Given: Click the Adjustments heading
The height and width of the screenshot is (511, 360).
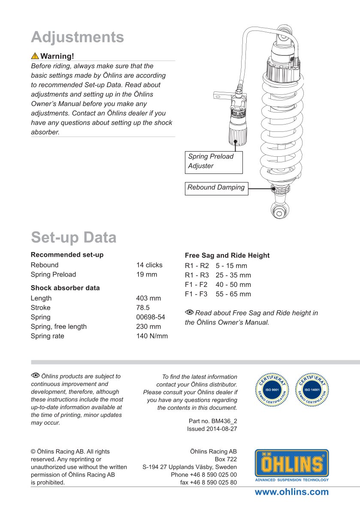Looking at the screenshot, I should coord(77,37).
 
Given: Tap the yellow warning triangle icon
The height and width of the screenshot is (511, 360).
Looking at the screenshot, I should coord(35,56).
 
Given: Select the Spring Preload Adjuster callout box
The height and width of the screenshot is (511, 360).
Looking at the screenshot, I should coord(214,161).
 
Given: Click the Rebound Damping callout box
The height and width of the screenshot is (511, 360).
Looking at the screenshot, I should coord(216,188).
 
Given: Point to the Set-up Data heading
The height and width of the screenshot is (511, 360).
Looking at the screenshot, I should coord(73,237).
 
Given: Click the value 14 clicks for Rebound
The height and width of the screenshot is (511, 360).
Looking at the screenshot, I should coord(149,265).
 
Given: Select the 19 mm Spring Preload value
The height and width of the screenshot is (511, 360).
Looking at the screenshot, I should coord(147,274).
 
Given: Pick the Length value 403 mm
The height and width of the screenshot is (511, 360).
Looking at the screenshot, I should coord(148,298).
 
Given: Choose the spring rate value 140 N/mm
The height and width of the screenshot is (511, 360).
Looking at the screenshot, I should coord(152,336).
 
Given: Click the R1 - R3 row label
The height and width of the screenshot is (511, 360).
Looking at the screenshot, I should coord(197,275).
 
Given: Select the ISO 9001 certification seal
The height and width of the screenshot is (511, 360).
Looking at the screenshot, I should coord(272,389).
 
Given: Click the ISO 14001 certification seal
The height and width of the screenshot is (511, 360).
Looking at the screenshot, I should coord(312,389).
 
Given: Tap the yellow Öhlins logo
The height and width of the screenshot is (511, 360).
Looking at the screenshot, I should coord(292,464).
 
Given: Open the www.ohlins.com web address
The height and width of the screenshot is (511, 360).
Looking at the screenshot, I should coord(292,492).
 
